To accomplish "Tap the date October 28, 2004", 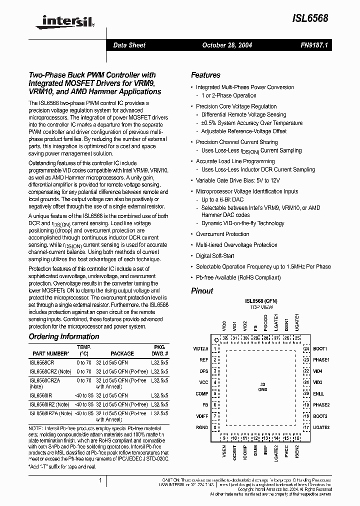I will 226,45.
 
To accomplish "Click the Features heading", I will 205,75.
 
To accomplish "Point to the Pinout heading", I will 202,291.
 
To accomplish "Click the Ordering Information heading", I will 64,336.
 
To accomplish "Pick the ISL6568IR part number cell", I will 40,395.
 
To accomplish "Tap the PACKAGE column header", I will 122,353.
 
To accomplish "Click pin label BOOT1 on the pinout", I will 320,348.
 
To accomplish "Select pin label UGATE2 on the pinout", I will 321,427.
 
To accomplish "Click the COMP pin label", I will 202,393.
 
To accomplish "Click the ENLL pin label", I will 318,393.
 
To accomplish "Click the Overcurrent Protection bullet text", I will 222,234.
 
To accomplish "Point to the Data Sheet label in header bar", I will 129,45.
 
